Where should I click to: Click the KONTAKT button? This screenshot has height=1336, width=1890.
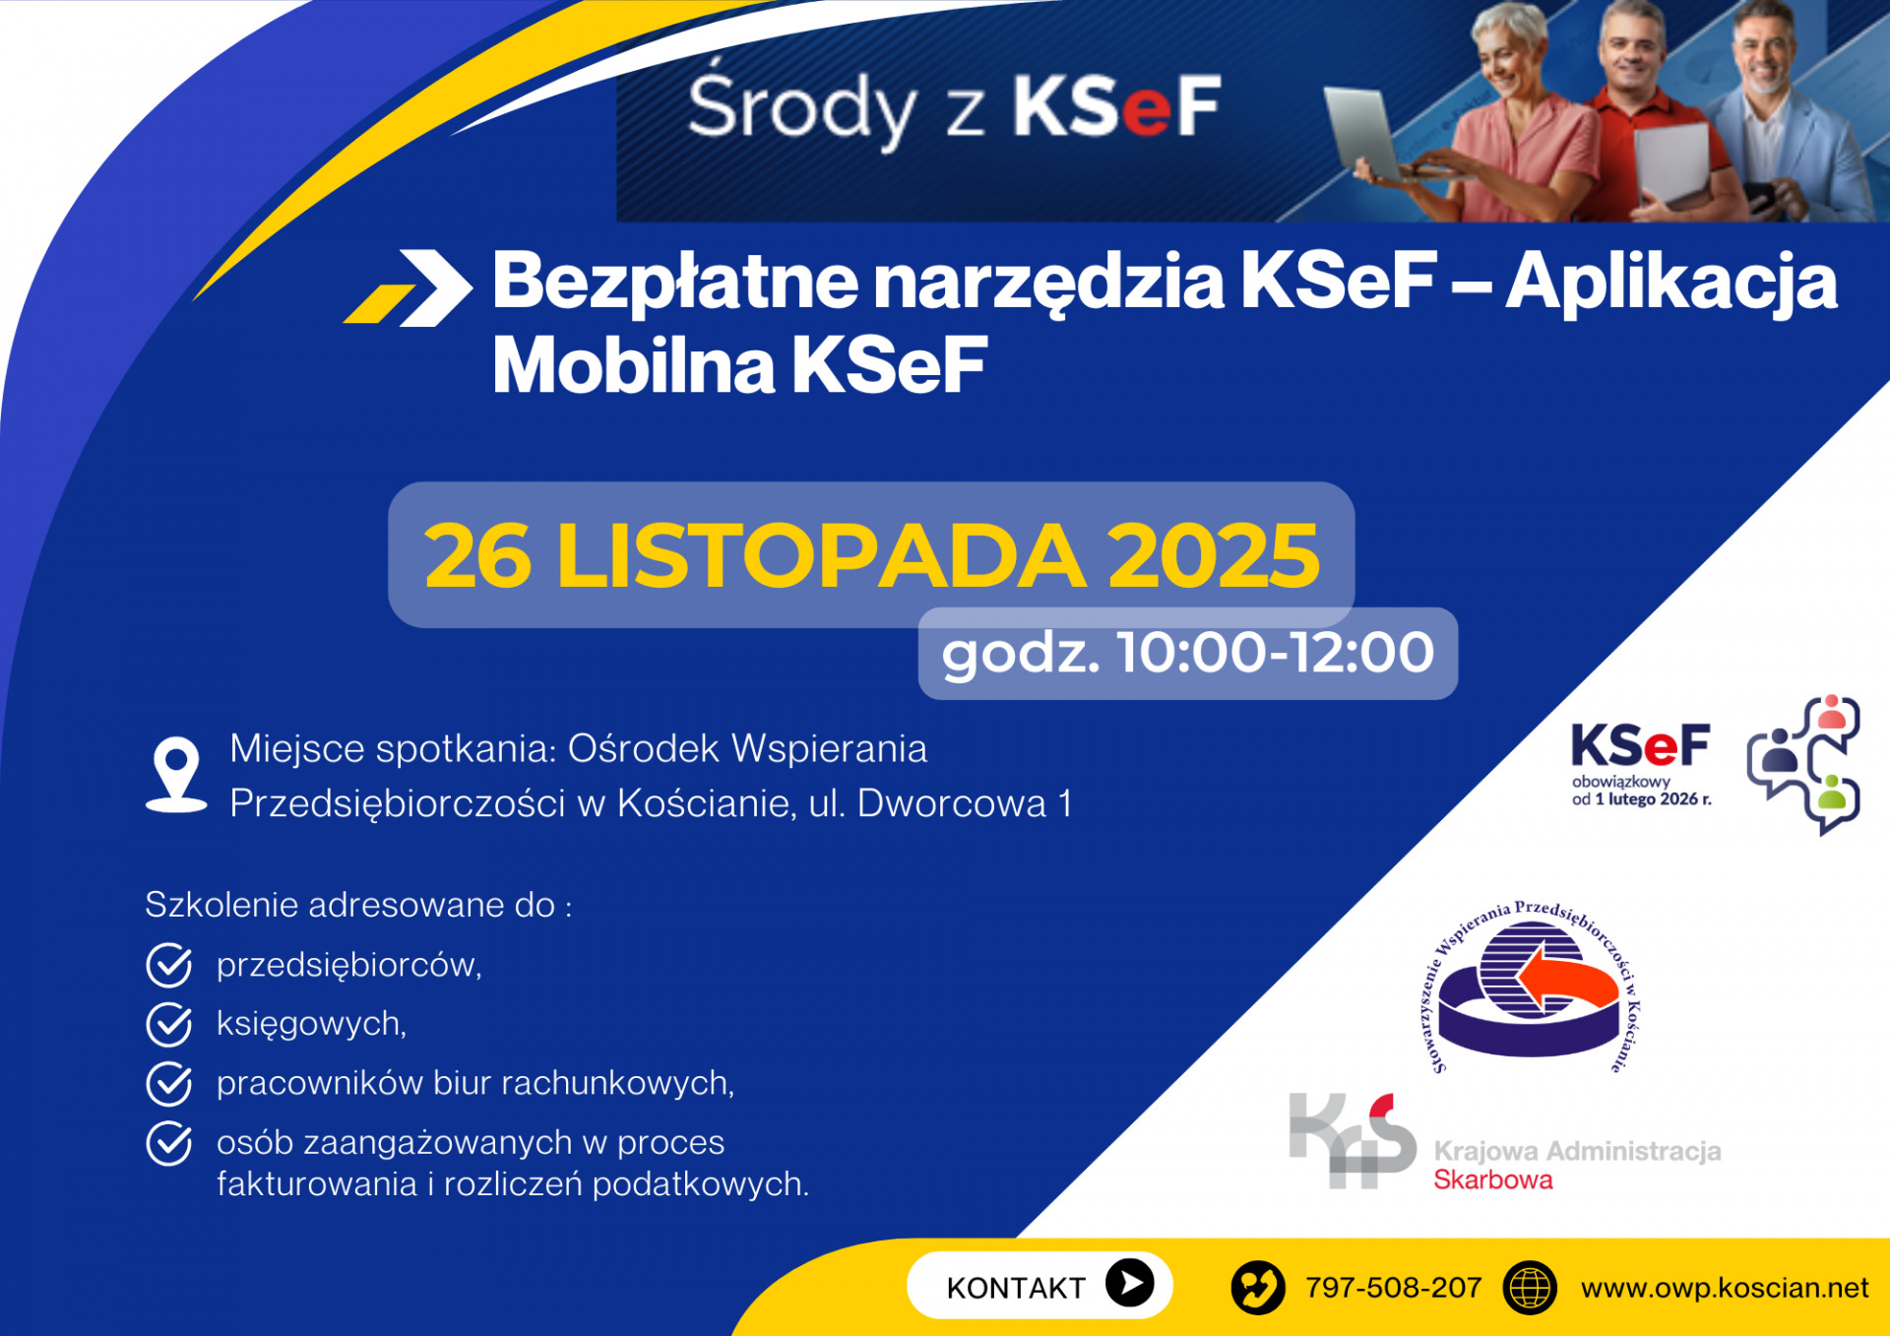pyautogui.click(x=1039, y=1285)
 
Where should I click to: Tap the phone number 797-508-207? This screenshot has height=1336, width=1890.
pyautogui.click(x=1393, y=1288)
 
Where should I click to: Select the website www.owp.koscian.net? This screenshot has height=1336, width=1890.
pyautogui.click(x=1725, y=1288)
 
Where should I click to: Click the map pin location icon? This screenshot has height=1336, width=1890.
pyautogui.click(x=176, y=775)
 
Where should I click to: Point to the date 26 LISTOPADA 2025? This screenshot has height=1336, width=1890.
pyautogui.click(x=871, y=555)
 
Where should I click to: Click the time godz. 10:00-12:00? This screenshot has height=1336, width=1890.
pyautogui.click(x=1188, y=654)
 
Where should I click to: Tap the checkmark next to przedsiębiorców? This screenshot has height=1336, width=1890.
pyautogui.click(x=169, y=966)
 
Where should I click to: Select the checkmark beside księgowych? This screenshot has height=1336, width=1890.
pyautogui.click(x=169, y=1025)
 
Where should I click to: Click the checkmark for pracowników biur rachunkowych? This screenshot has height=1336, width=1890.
pyautogui.click(x=169, y=1084)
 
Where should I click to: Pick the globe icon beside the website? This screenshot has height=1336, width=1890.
pyautogui.click(x=1530, y=1288)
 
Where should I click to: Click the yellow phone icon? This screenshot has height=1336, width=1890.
pyautogui.click(x=1258, y=1288)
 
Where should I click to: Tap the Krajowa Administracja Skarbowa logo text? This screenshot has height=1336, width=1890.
pyautogui.click(x=1578, y=1165)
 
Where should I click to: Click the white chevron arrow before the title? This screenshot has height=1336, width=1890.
pyautogui.click(x=433, y=287)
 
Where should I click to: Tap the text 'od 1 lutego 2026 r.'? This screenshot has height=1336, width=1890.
pyautogui.click(x=1641, y=799)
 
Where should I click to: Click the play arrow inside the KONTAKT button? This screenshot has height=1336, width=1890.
pyautogui.click(x=1130, y=1283)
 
